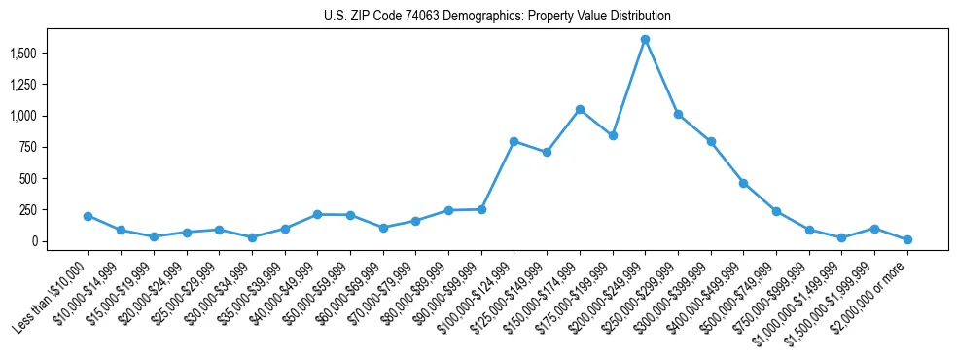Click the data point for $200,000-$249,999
(645, 40)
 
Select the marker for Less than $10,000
(89, 216)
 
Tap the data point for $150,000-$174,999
(580, 110)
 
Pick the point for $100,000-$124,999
(514, 142)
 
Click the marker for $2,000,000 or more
(907, 239)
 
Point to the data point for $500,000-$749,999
(776, 211)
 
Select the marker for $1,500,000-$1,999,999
(874, 229)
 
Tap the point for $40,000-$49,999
(317, 214)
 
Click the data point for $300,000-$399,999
(711, 142)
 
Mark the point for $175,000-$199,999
(613, 136)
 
